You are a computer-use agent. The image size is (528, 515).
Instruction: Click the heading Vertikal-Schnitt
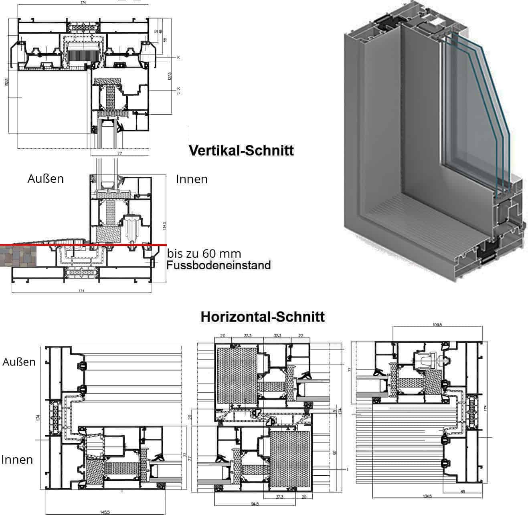[241, 151]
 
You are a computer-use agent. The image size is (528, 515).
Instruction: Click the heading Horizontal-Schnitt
[263, 317]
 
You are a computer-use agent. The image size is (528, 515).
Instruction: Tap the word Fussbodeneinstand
[219, 265]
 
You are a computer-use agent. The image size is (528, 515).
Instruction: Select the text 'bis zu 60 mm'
[204, 254]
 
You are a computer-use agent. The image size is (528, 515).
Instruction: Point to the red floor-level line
[120, 244]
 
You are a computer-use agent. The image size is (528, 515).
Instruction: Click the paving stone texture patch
[18, 257]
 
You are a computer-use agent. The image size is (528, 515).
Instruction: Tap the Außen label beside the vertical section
[45, 179]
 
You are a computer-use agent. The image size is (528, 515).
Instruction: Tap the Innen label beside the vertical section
[192, 179]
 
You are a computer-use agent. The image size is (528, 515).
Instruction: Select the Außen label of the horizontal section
[19, 362]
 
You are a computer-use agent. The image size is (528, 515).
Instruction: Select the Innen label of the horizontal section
[17, 460]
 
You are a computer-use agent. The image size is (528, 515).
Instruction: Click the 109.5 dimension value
[437, 325]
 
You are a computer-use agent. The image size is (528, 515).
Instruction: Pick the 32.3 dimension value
[277, 335]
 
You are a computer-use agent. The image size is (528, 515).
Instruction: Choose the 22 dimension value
[301, 335]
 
